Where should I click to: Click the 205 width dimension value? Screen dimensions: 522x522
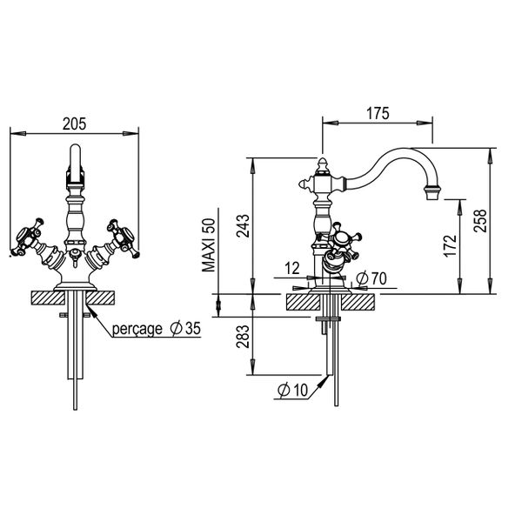[x=74, y=124]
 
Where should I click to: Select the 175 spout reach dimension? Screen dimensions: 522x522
[x=378, y=114]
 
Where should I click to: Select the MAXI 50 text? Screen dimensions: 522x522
[x=209, y=245]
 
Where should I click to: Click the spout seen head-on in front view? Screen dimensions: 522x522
[x=74, y=165]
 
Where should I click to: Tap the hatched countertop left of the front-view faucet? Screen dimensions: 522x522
[x=45, y=298]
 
